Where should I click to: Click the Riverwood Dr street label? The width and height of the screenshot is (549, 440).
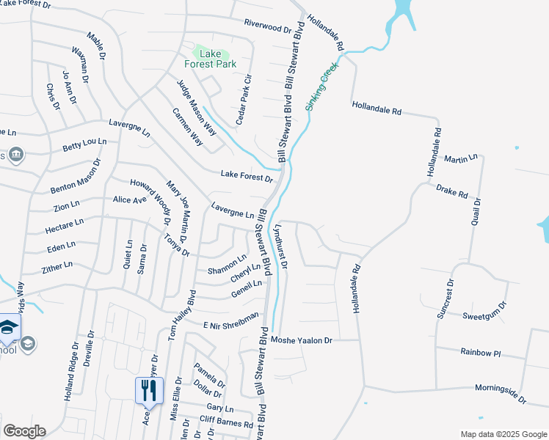[x=268, y=27]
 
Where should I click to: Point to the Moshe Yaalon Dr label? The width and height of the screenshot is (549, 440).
[x=302, y=340]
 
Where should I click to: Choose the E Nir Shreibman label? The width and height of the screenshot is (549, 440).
[x=231, y=320]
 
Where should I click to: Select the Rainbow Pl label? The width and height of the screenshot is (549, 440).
[x=480, y=353]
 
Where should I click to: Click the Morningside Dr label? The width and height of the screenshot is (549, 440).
[x=501, y=393]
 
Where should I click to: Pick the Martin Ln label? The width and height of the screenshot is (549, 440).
[x=461, y=158]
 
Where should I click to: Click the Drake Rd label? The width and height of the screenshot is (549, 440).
[x=451, y=192]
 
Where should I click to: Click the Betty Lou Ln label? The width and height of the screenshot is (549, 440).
[x=84, y=144]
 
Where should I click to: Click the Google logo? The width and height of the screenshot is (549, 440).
[x=24, y=431]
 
